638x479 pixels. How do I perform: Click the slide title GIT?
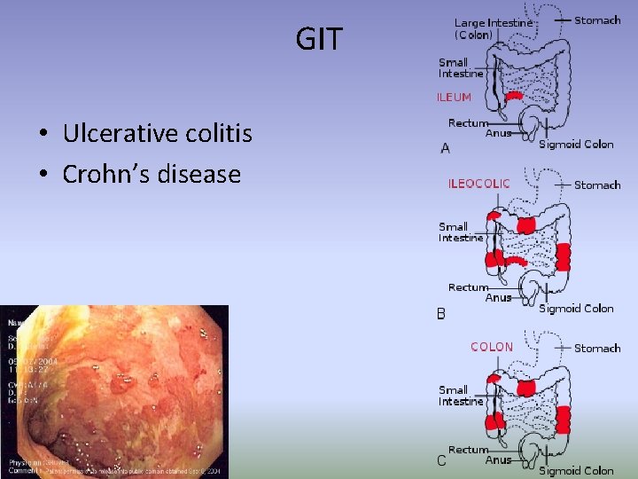[318, 39]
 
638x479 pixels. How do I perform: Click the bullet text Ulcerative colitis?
[157, 134]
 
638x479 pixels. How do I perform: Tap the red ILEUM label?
[454, 97]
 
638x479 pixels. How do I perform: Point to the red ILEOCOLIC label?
[478, 184]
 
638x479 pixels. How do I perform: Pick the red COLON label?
[492, 347]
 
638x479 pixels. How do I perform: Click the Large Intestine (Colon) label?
[494, 28]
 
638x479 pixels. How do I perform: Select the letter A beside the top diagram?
[445, 148]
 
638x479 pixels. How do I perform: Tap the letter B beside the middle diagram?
[440, 313]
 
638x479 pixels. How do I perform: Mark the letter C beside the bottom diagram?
[441, 460]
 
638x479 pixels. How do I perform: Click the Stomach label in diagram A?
[597, 20]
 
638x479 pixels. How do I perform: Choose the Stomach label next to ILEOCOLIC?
[597, 185]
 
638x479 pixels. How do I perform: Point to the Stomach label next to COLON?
[597, 348]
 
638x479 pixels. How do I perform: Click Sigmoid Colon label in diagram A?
[576, 144]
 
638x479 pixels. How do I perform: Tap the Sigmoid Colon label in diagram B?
[576, 308]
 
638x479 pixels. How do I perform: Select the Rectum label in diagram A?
[468, 123]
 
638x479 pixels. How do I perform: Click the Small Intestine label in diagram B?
[461, 232]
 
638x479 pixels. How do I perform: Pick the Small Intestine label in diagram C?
[461, 396]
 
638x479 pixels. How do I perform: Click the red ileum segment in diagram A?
[513, 96]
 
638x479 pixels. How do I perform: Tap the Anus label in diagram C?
[498, 460]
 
